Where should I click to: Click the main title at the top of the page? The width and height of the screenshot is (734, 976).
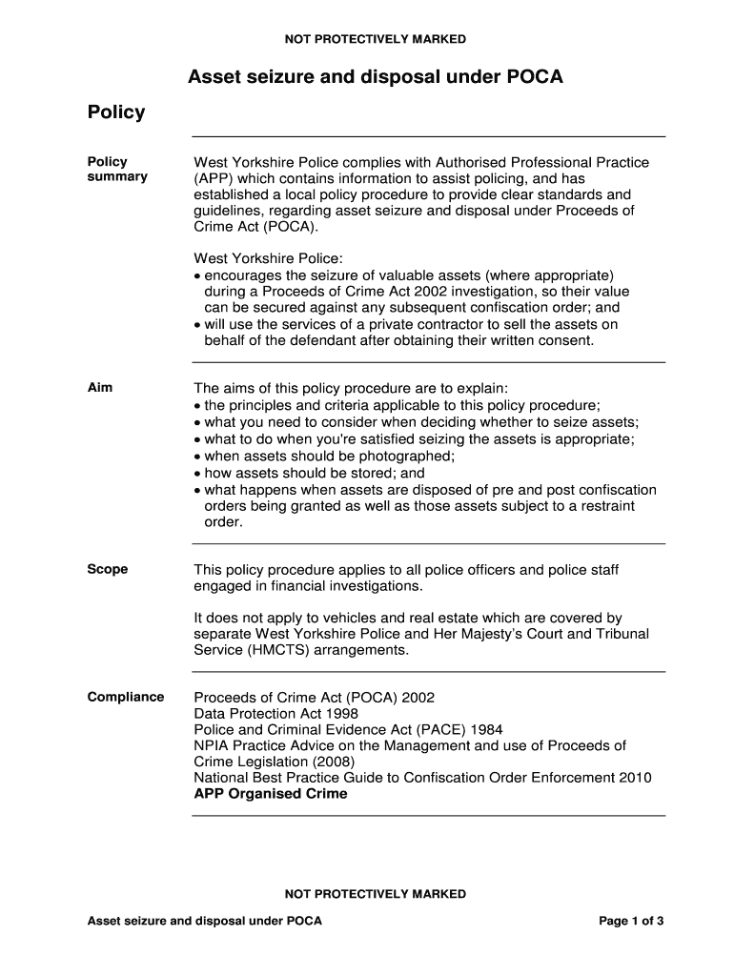click(x=375, y=76)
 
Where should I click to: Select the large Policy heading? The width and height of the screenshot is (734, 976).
click(x=116, y=112)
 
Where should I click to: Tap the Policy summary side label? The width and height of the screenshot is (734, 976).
click(x=117, y=169)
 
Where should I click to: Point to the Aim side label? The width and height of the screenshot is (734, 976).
click(x=100, y=387)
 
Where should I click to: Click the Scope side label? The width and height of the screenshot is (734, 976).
click(x=108, y=569)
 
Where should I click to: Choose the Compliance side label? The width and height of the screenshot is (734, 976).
click(x=126, y=697)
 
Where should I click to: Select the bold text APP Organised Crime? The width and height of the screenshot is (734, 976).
click(x=271, y=794)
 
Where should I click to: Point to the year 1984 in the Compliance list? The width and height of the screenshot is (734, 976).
click(x=485, y=729)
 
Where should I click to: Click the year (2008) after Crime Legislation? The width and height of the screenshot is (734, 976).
click(x=333, y=762)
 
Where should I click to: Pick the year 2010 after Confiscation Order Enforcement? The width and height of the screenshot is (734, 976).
click(x=636, y=778)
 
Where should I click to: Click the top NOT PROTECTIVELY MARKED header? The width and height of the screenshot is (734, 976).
click(x=375, y=39)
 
